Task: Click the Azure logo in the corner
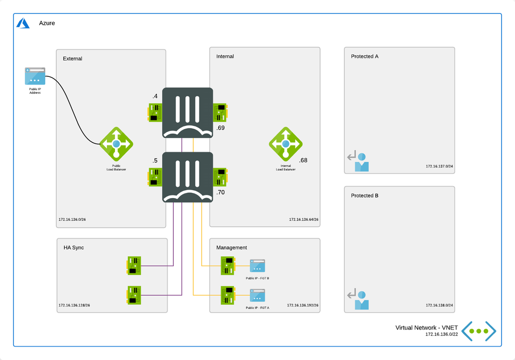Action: click(23, 23)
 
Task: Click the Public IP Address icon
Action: click(35, 76)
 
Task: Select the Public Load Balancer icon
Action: click(116, 145)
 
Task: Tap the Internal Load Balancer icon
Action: click(285, 145)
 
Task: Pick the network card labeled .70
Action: click(221, 176)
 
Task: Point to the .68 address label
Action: click(303, 160)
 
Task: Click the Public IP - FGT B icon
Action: click(257, 266)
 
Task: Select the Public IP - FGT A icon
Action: click(257, 296)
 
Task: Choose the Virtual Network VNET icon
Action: click(478, 331)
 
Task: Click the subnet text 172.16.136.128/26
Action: click(74, 305)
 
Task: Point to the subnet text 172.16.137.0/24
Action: click(439, 167)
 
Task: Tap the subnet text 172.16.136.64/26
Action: click(304, 220)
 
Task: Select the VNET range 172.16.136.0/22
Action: click(441, 335)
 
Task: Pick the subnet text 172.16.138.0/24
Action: click(439, 305)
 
